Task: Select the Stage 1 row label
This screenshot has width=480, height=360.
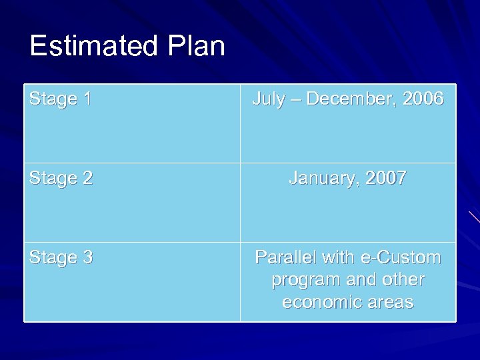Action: (61, 99)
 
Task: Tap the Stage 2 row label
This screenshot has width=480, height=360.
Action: (61, 179)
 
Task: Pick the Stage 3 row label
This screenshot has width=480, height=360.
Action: (61, 258)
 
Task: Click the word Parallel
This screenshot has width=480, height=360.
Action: (286, 258)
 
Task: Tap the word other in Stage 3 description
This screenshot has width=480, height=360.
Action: (402, 280)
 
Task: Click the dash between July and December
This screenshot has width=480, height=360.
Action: (295, 100)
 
